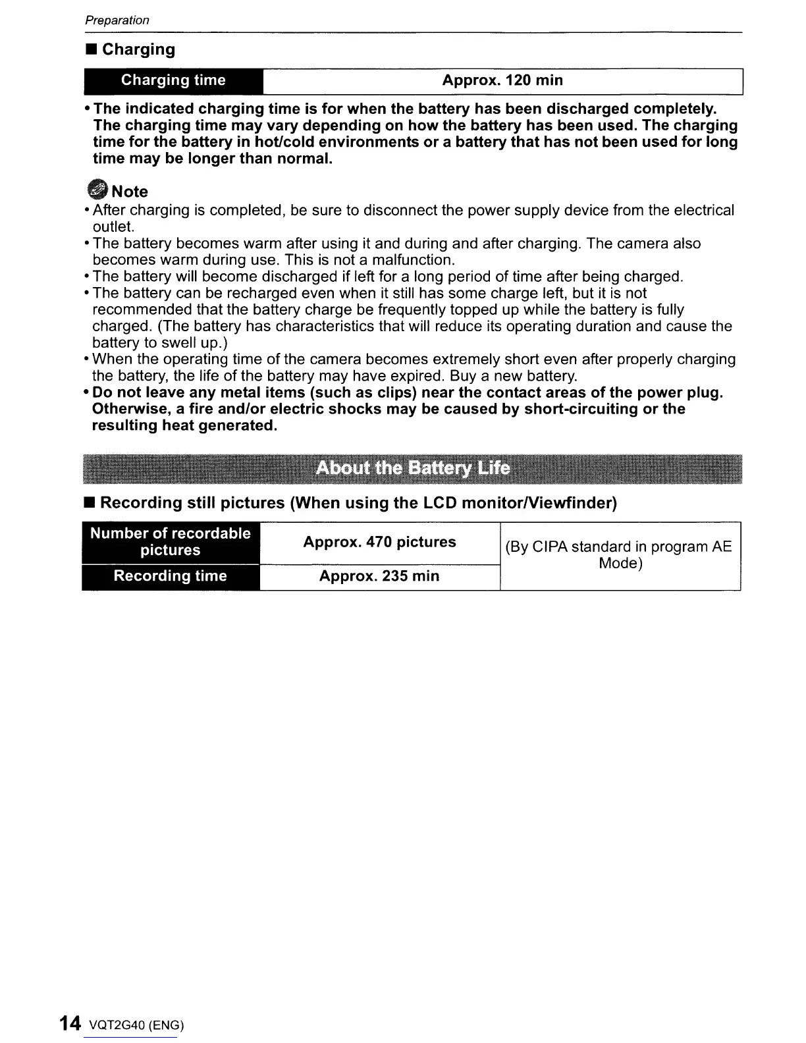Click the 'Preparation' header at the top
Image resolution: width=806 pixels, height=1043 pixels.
tap(117, 20)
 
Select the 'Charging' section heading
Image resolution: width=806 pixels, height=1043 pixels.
tap(138, 49)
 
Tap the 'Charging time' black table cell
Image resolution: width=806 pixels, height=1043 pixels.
tap(173, 80)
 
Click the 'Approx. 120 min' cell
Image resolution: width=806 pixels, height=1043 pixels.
tap(502, 80)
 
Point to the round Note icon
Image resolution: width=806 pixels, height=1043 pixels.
tap(97, 190)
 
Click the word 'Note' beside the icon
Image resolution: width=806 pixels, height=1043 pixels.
tap(130, 192)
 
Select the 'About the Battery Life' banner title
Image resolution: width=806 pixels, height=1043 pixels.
tap(412, 468)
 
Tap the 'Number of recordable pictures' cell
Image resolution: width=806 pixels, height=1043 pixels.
tap(171, 542)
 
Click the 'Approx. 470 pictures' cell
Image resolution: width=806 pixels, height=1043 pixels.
tap(379, 542)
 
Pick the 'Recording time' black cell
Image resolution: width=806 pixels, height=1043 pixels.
tap(171, 576)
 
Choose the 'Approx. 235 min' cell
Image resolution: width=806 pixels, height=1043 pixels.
tap(379, 576)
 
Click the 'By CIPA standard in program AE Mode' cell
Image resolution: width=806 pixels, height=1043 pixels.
tap(619, 555)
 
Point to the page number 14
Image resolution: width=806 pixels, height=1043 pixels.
tap(69, 1023)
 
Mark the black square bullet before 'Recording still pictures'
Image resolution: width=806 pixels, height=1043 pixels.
tap(90, 504)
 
